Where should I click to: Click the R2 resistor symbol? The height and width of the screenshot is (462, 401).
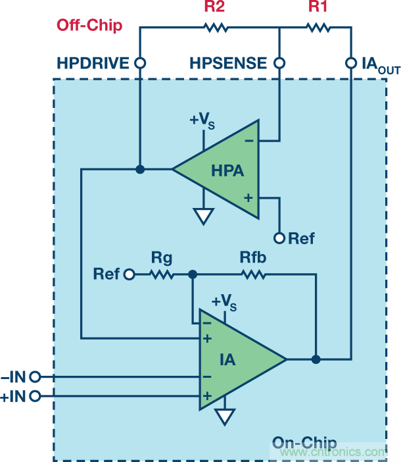tap(215, 28)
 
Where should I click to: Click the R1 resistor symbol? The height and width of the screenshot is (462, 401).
tap(318, 28)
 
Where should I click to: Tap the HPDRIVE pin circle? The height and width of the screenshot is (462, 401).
tap(139, 63)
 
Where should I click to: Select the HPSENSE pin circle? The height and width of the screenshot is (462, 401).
tap(279, 63)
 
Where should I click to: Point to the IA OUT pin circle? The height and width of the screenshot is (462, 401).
tap(351, 63)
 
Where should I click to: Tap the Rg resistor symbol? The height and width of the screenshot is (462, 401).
tap(162, 274)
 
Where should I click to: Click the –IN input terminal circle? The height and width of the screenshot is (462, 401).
tap(35, 377)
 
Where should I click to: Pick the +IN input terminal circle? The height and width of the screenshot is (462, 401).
tap(35, 396)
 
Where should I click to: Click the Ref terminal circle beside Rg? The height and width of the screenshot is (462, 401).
tap(130, 274)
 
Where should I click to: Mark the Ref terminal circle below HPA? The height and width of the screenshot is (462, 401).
tap(279, 238)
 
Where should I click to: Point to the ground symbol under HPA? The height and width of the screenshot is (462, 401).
tap(204, 216)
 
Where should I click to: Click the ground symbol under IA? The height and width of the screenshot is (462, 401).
tap(225, 417)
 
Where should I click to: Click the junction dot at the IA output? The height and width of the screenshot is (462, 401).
tap(316, 359)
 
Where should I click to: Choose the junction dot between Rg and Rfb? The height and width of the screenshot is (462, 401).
tap(192, 274)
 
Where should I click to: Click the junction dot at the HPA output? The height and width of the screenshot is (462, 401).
tap(139, 169)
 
